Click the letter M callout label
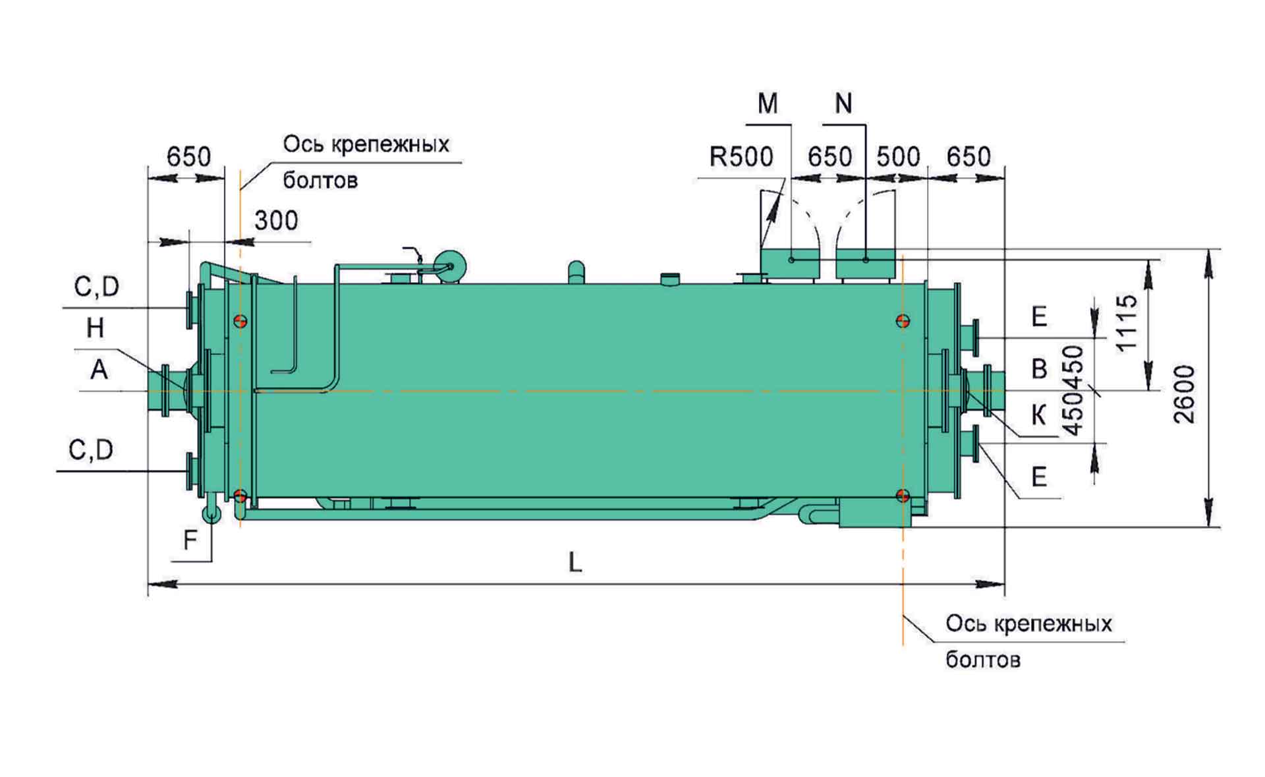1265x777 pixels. click(x=768, y=103)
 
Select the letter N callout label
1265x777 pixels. click(x=843, y=103)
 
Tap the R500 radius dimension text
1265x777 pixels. click(x=741, y=157)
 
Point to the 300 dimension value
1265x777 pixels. click(x=276, y=220)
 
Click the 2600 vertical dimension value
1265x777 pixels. click(x=1184, y=394)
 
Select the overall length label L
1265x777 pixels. click(x=575, y=562)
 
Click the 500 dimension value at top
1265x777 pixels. click(x=898, y=157)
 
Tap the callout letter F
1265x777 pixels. click(x=190, y=540)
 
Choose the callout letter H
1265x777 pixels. click(x=95, y=328)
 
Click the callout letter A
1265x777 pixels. click(x=99, y=370)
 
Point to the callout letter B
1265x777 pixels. click(x=1039, y=368)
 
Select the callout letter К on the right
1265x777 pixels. click(x=1038, y=416)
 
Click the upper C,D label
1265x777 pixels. click(x=96, y=287)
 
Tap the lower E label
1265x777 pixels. click(x=1039, y=476)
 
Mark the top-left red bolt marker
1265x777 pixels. click(x=241, y=321)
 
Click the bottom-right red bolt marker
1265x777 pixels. click(x=903, y=496)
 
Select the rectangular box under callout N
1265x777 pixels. click(x=865, y=264)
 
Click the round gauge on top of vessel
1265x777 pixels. click(x=451, y=266)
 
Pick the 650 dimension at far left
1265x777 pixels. click(x=188, y=157)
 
